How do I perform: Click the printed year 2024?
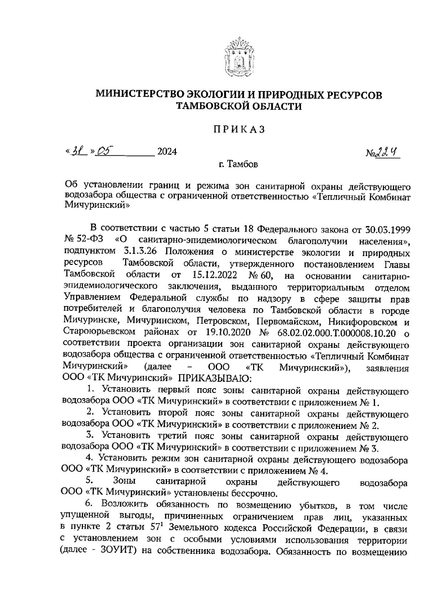point(167,152)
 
